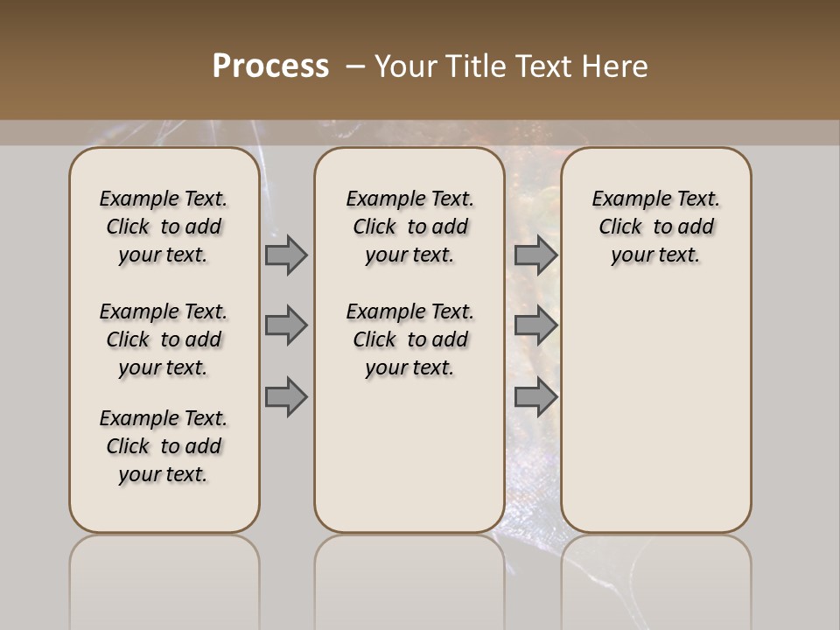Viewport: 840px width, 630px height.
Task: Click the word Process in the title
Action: pos(270,66)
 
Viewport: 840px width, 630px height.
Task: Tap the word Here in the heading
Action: pos(616,66)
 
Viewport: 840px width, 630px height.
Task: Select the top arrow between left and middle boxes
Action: pos(286,255)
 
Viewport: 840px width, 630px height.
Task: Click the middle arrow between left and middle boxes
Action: pos(286,325)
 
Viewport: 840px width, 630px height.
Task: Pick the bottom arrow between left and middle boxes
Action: pos(286,396)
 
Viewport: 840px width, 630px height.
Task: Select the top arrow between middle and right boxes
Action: pos(535,255)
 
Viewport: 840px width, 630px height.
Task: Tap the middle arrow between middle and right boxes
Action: pos(535,325)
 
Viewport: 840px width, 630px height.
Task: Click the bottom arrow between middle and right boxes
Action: pos(535,396)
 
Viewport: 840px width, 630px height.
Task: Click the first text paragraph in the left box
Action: pos(164,227)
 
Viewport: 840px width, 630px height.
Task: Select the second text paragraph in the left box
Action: pos(164,339)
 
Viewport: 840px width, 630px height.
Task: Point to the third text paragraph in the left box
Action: pos(164,446)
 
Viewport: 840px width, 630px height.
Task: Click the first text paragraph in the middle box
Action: pos(409,227)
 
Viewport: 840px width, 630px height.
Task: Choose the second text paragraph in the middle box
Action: pos(409,339)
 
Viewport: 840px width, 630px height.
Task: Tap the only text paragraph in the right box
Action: pos(655,227)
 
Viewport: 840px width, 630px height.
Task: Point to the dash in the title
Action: pos(355,66)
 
